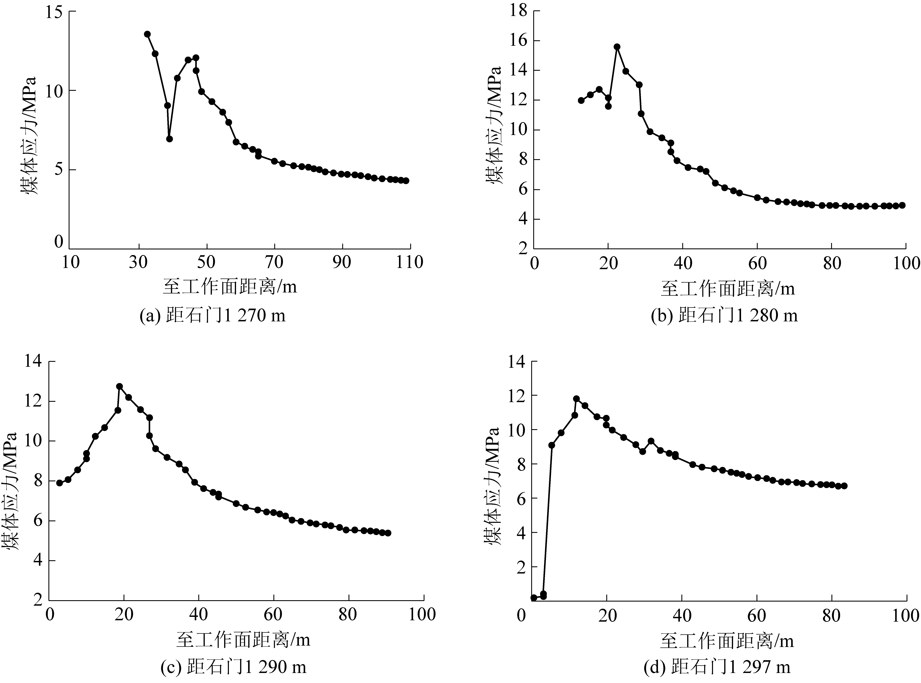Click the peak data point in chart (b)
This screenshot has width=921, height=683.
click(x=617, y=47)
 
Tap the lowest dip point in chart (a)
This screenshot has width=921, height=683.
click(x=169, y=139)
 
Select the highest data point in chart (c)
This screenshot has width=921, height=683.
click(x=119, y=386)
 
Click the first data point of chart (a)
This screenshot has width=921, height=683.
click(x=147, y=34)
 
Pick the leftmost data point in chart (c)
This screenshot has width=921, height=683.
click(x=59, y=483)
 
